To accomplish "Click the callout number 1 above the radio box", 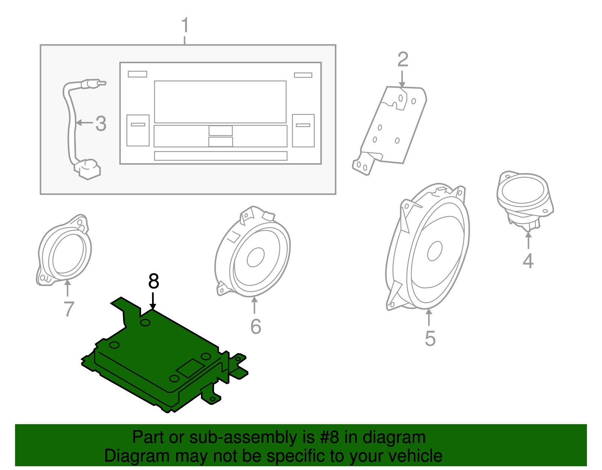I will tap(184, 26).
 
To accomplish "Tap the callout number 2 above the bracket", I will tap(403, 59).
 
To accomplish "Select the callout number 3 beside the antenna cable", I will tap(100, 123).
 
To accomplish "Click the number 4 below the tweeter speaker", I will tap(528, 261).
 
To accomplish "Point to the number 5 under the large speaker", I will tap(430, 338).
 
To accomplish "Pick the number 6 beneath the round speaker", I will tap(255, 326).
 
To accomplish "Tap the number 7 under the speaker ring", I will tap(68, 309).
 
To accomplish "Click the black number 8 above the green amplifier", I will tap(154, 281).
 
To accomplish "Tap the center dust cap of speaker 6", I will tap(255, 257).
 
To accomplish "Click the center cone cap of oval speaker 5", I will tap(435, 251).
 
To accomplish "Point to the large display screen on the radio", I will tap(220, 102).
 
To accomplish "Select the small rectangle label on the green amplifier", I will tap(190, 368).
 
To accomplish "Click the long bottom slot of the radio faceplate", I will tap(220, 156).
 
